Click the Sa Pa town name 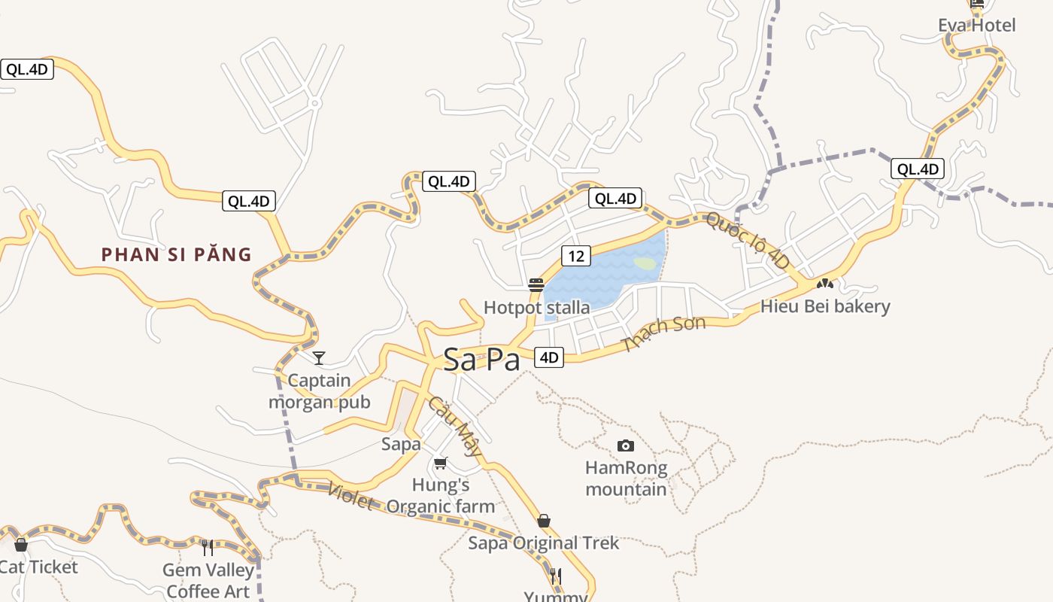(481, 360)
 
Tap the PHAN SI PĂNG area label (177, 254)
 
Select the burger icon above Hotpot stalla (536, 285)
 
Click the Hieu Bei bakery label (825, 306)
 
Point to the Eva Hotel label (976, 26)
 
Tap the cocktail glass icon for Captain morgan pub (319, 357)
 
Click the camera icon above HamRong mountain (625, 446)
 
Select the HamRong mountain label (626, 479)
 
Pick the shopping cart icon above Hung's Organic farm (440, 463)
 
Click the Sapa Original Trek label (543, 543)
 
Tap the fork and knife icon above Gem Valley (208, 547)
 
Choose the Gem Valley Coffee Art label (208, 581)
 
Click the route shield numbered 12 (575, 256)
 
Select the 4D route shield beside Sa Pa (549, 357)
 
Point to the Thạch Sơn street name (663, 333)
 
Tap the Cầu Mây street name (455, 427)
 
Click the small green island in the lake (645, 263)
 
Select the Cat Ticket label (39, 567)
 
